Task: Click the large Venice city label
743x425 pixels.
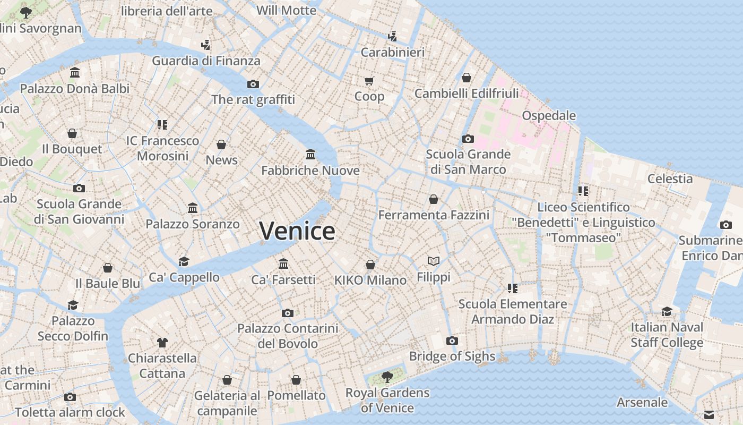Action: tap(297, 231)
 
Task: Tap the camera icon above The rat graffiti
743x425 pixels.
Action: tap(253, 84)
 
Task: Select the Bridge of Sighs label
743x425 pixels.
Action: tap(452, 356)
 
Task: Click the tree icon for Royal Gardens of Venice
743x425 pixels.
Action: tap(387, 377)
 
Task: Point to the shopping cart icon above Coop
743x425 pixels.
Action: tap(369, 81)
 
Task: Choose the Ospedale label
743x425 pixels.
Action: tap(549, 115)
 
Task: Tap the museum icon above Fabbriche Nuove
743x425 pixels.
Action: tap(310, 155)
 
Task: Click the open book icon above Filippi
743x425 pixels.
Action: tap(434, 261)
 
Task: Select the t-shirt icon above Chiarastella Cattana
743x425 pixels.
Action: tap(162, 343)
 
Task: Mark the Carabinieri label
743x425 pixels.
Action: tap(393, 52)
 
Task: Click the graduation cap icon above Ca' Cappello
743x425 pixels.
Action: tap(184, 261)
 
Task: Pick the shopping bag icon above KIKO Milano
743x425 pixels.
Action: tap(370, 265)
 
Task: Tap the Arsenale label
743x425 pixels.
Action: tap(642, 402)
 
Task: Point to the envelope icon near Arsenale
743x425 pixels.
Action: tap(709, 415)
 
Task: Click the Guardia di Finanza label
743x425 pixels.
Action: tap(206, 61)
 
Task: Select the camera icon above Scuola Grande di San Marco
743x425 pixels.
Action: tap(468, 139)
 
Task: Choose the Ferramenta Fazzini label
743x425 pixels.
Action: tap(434, 215)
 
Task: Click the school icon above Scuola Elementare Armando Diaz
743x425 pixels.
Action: tap(512, 288)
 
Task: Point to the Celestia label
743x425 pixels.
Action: tap(670, 178)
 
